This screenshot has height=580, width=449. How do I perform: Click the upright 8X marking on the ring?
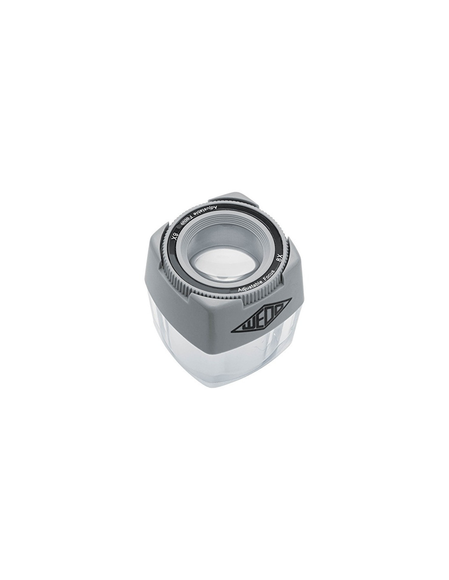coord(280,257)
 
